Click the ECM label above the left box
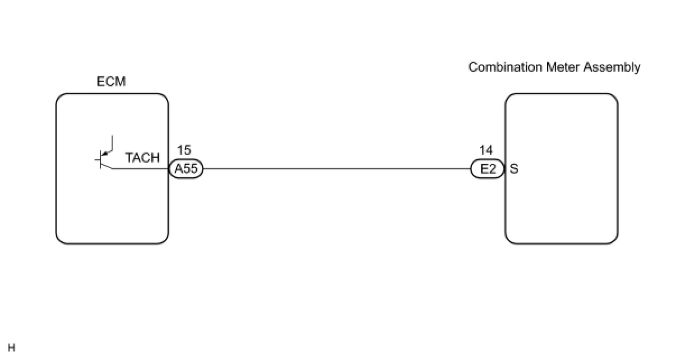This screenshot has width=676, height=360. coord(111,82)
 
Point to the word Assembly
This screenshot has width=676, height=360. coord(612,67)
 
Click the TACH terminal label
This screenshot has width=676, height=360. coord(142,158)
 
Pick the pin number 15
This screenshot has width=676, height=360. coord(184,150)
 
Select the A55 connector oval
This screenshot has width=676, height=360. coord(186,169)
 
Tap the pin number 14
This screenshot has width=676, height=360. coord(486,150)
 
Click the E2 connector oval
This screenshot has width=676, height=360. coord(488,169)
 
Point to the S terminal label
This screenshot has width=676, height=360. coord(514,169)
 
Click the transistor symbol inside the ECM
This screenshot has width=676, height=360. coord(105,156)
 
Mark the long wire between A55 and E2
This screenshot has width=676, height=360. coord(336,168)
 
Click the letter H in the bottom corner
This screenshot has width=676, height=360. coord(11,348)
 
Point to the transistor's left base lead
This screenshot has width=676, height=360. coord(97,160)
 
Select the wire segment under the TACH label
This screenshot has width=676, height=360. coord(140,168)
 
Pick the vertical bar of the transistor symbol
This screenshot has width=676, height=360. coord(101,160)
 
